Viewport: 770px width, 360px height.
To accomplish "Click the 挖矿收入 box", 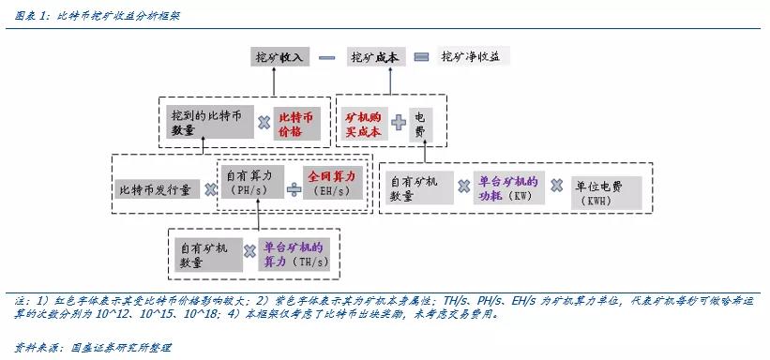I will click(x=281, y=57).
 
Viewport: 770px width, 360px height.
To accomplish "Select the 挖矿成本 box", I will click(x=374, y=57).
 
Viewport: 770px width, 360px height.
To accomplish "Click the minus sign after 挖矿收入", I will click(x=326, y=57).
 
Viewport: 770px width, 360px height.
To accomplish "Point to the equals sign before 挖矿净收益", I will click(x=421, y=57).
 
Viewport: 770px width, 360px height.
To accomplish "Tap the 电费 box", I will click(x=420, y=125).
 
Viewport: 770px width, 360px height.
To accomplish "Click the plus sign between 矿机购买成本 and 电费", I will click(x=399, y=122).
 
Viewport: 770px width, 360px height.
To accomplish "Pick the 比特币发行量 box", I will click(x=155, y=189).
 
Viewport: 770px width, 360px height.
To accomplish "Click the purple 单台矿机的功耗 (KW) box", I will click(x=507, y=187).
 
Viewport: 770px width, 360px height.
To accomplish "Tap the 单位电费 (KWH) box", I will click(x=606, y=191).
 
